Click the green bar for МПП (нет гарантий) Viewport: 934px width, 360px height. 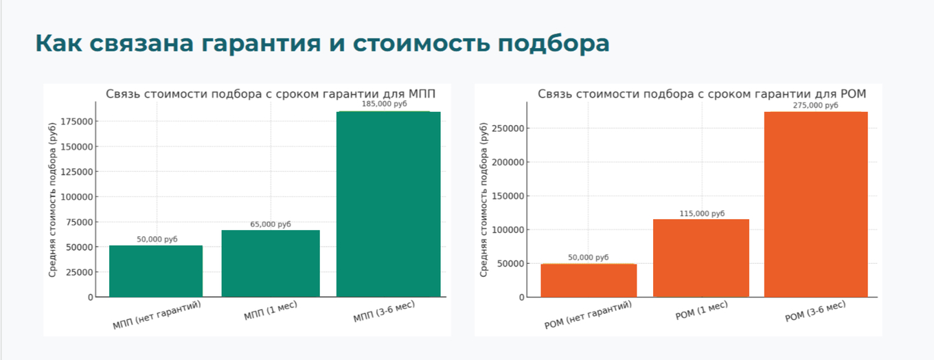[x=156, y=271]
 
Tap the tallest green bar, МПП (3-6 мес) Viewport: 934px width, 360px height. [x=388, y=204]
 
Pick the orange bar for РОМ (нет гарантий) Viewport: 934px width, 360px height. [x=589, y=280]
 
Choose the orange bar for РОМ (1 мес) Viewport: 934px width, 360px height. [x=700, y=258]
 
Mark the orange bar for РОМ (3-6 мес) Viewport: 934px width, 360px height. [x=816, y=204]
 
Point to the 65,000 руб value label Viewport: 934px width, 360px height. [x=271, y=224]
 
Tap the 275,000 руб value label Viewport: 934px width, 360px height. [x=815, y=105]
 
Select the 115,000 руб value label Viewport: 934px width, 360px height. [x=701, y=214]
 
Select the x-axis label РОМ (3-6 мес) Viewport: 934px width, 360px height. [x=815, y=313]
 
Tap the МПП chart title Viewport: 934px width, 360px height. [x=270, y=94]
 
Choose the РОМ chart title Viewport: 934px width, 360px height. [x=701, y=94]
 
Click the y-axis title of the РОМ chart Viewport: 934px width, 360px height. [x=483, y=204]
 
